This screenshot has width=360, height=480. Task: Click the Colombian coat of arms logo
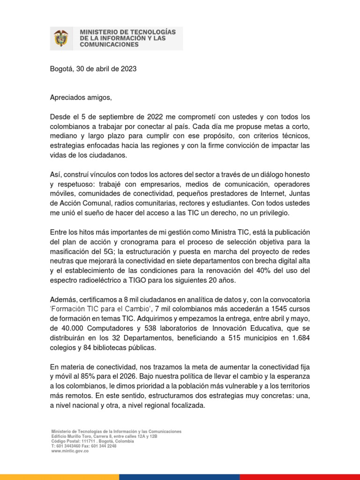pyautogui.click(x=61, y=38)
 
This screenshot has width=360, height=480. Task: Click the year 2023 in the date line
pyautogui.click(x=128, y=69)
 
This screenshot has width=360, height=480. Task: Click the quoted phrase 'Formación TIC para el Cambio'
pyautogui.click(x=101, y=309)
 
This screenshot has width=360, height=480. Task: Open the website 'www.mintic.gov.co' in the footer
pyautogui.click(x=70, y=451)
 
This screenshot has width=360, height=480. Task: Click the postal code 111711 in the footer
pyautogui.click(x=83, y=441)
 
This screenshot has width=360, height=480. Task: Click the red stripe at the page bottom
pyautogui.click(x=300, y=477)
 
